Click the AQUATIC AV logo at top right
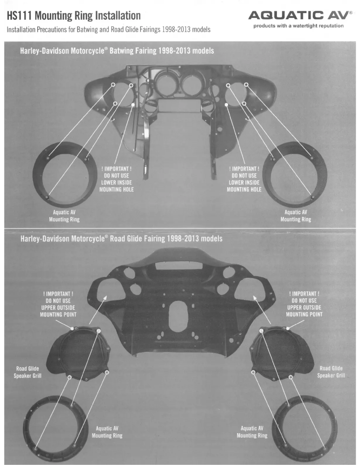(x=300, y=15)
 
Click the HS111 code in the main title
(x=19, y=15)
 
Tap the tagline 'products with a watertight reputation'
(x=298, y=26)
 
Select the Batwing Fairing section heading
(x=117, y=51)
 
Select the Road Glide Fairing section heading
(x=121, y=239)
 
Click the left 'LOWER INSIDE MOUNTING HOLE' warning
(x=116, y=179)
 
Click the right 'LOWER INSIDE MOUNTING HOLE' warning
(x=244, y=179)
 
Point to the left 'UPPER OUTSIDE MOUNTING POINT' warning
(x=58, y=304)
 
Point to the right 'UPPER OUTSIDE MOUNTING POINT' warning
(x=304, y=304)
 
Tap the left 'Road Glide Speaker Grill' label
(x=27, y=372)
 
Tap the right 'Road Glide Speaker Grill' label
(x=331, y=372)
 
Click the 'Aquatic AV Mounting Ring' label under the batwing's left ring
(x=64, y=216)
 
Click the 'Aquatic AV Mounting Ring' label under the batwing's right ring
(x=296, y=216)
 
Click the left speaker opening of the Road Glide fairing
(x=107, y=289)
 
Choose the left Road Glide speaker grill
(x=78, y=353)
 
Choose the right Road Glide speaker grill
(x=282, y=353)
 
